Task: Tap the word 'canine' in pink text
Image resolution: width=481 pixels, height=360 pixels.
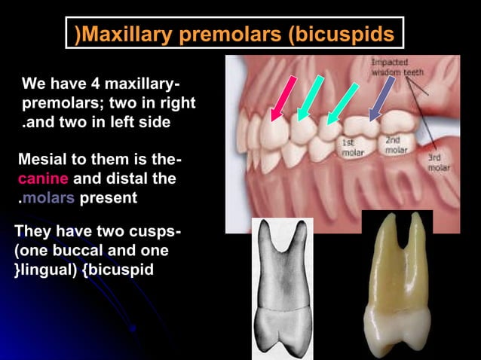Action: pos(43,179)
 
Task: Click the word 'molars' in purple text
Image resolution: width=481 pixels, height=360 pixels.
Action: pos(49,198)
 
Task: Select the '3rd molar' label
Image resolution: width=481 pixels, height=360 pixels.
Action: pos(439,163)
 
